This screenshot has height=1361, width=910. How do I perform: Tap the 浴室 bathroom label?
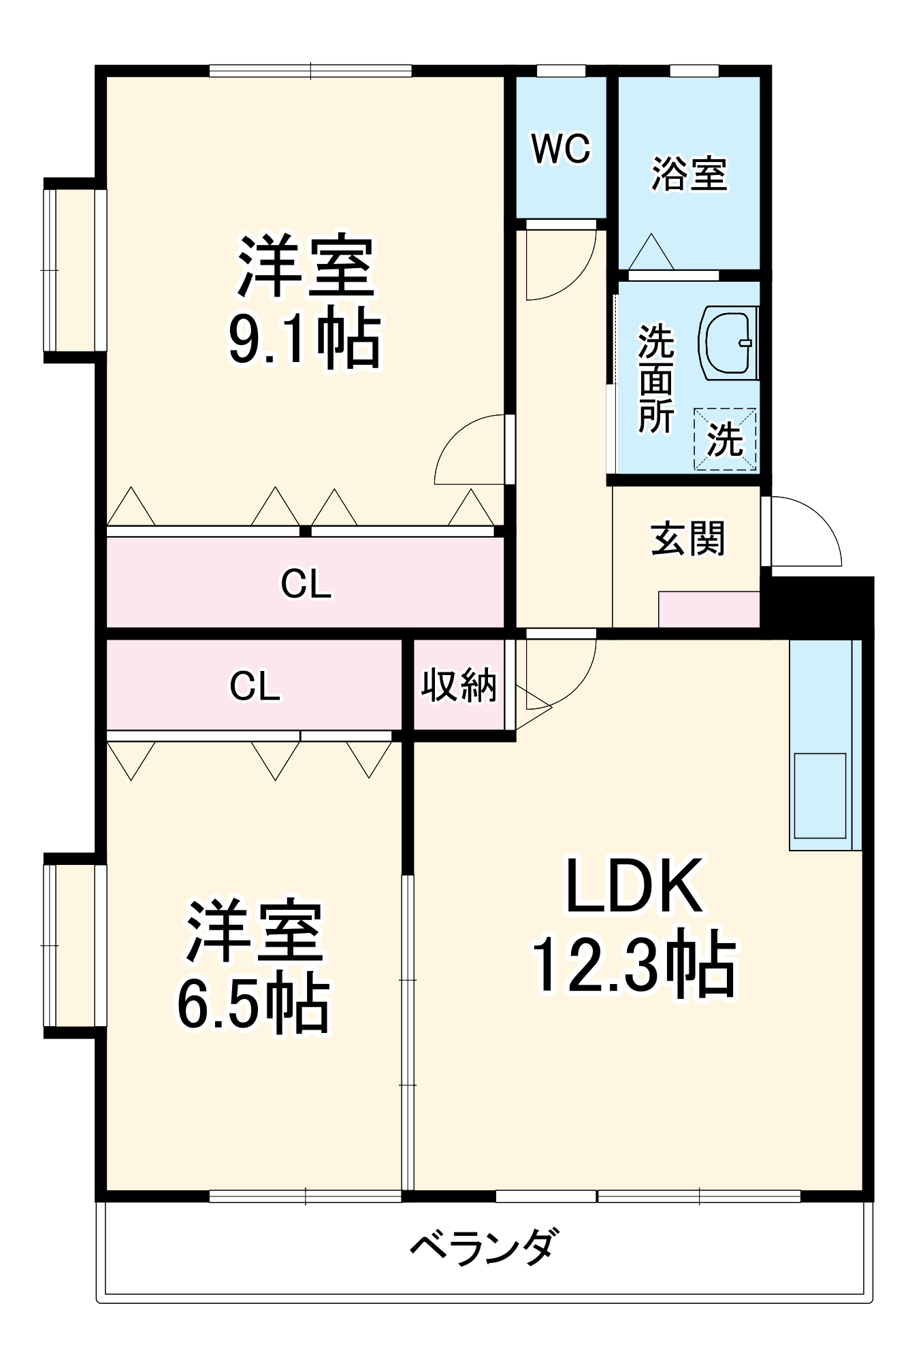pyautogui.click(x=689, y=174)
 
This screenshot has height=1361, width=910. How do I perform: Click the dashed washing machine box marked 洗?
pyautogui.click(x=725, y=440)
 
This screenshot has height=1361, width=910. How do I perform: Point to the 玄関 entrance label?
pyautogui.click(x=687, y=539)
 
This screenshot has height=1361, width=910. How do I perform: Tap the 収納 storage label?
pyautogui.click(x=459, y=685)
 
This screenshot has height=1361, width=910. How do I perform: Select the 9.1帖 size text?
pyautogui.click(x=304, y=338)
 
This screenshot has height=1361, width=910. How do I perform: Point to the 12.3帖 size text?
pyautogui.click(x=633, y=966)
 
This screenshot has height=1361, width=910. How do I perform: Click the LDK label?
pyautogui.click(x=634, y=887)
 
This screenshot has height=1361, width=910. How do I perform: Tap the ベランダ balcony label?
pyautogui.click(x=485, y=1247)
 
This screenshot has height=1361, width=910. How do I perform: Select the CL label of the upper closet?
pyautogui.click(x=306, y=584)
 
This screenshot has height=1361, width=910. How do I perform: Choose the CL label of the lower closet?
pyautogui.click(x=255, y=686)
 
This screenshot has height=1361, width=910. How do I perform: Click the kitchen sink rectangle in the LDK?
pyautogui.click(x=819, y=795)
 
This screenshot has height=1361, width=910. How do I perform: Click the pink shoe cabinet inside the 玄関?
pyautogui.click(x=709, y=609)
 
